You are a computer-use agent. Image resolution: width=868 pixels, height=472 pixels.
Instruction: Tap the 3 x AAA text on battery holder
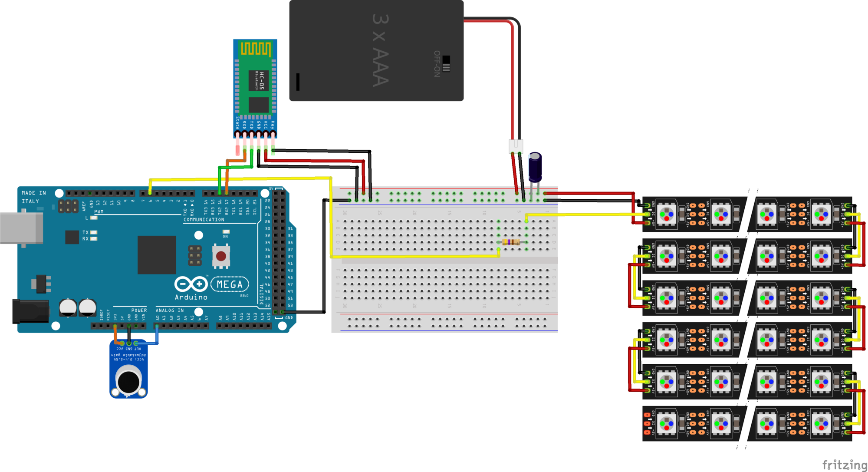pos(380,50)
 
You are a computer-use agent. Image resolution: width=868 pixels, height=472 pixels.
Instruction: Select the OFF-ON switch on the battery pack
pos(446,63)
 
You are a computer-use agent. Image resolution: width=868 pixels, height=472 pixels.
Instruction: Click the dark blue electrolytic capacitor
pos(535,167)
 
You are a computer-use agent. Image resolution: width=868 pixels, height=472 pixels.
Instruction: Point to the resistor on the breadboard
pos(511,242)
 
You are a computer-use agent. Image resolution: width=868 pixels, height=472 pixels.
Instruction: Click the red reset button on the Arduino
pos(221,256)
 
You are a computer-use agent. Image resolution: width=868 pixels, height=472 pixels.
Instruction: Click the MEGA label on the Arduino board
pos(230,284)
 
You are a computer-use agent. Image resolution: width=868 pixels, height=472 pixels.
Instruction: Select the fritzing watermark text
pos(845,465)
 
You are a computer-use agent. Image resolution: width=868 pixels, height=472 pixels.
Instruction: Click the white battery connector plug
pos(516,146)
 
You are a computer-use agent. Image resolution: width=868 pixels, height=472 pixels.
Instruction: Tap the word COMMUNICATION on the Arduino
pos(204,220)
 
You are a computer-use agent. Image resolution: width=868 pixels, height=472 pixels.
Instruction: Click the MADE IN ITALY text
pos(33,197)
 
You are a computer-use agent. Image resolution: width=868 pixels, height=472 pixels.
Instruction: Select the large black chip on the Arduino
pos(157,255)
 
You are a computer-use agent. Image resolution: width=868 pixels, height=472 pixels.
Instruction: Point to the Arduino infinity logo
pos(191,284)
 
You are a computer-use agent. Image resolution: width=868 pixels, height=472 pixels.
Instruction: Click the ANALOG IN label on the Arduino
pos(170,310)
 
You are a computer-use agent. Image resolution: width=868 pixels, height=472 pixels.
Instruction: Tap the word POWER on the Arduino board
pos(139,310)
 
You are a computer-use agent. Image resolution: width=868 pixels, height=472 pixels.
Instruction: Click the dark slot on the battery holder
pos(298,82)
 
